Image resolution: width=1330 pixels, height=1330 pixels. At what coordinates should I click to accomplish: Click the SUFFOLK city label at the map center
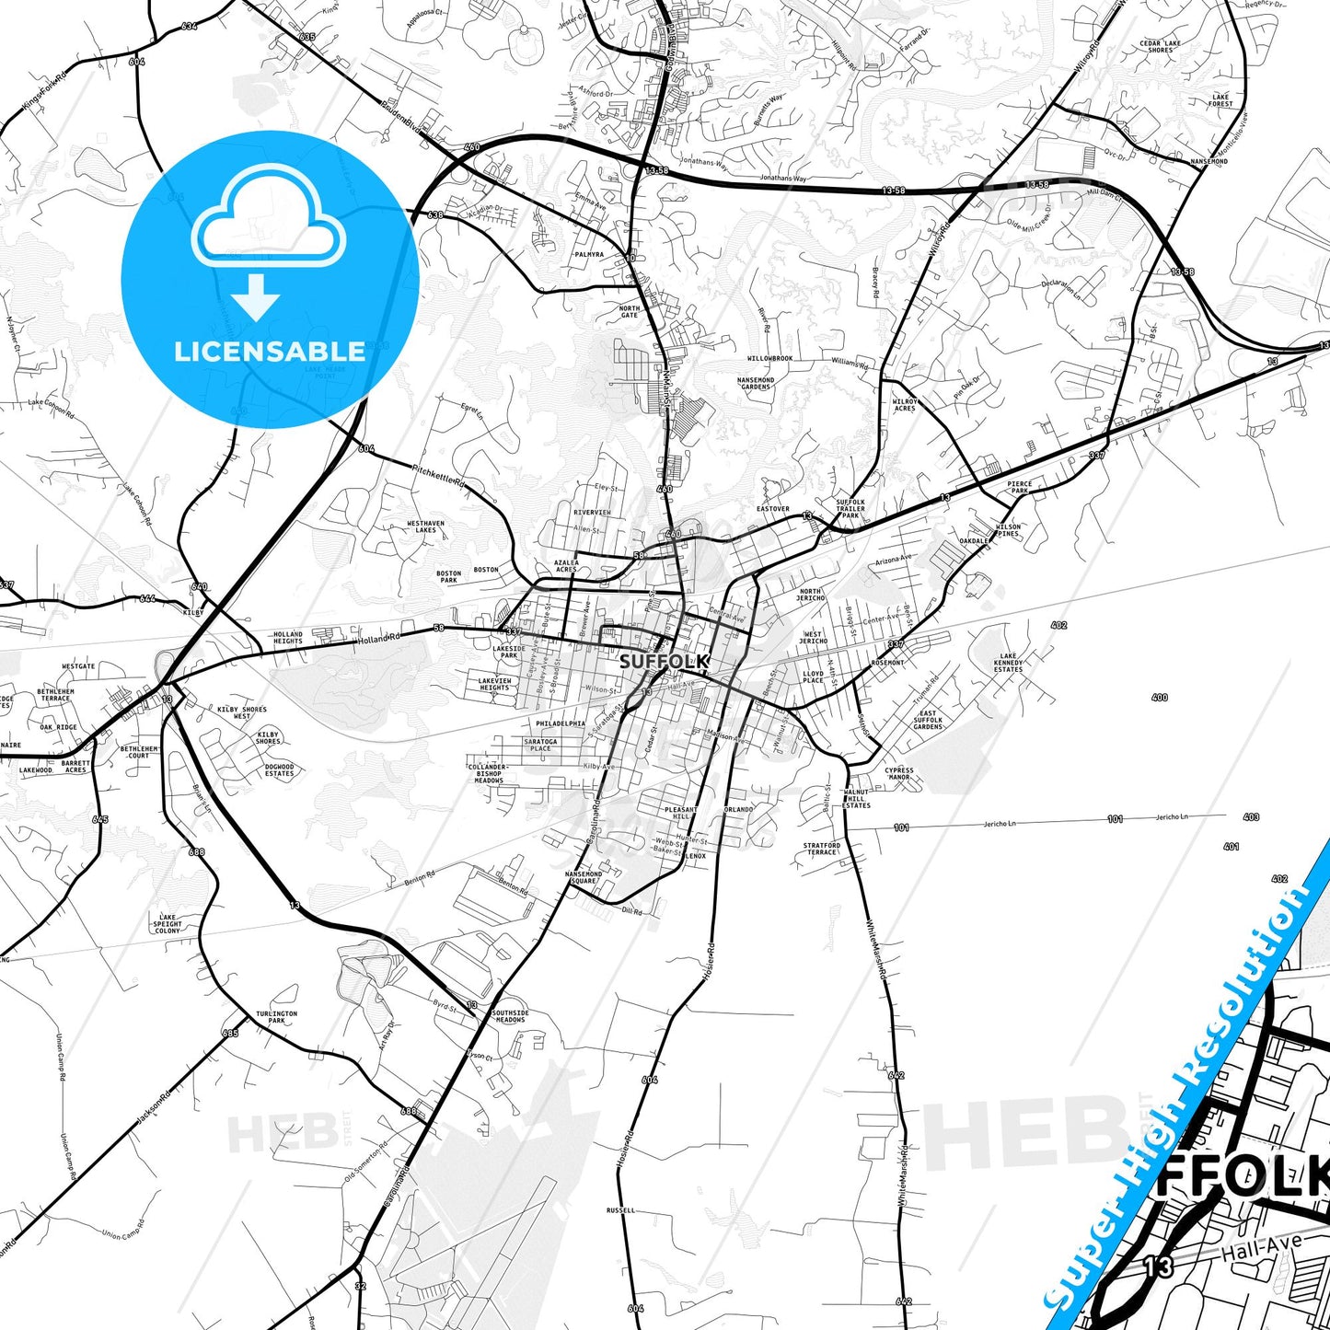click(x=665, y=661)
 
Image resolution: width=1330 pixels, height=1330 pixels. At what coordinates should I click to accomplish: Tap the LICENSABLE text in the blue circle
click(x=270, y=351)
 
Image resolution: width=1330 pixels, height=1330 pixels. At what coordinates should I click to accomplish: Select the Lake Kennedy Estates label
click(x=1008, y=663)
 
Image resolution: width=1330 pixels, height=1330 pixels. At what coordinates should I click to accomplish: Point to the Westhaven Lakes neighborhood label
click(x=425, y=526)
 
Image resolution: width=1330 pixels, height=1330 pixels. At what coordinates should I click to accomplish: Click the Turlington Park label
click(x=276, y=1017)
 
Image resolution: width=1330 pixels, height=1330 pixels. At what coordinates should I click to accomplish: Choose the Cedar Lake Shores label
click(x=1160, y=46)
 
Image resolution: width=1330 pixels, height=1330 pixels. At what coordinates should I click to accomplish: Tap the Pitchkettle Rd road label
click(x=439, y=475)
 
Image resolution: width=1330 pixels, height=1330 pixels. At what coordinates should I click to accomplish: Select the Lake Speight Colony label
click(x=168, y=923)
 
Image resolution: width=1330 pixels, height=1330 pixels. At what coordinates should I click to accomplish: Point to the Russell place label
click(x=620, y=1209)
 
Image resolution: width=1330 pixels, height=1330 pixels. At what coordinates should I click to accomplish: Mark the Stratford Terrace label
click(x=821, y=848)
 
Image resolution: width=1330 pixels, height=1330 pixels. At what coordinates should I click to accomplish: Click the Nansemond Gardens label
click(x=756, y=383)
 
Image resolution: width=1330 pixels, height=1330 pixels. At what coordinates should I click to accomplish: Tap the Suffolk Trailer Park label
click(x=850, y=509)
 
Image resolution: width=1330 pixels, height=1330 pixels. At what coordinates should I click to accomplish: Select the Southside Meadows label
click(x=510, y=1016)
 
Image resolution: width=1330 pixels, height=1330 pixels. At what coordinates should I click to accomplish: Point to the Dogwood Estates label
click(x=279, y=769)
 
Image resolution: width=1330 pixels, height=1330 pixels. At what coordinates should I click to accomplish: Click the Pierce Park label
click(x=1019, y=487)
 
